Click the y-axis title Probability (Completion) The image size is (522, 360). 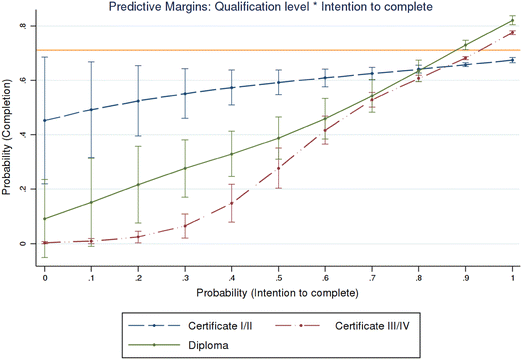pos(7,135)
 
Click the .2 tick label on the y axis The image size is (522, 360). pos(21,189)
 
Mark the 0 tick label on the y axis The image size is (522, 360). pos(22,243)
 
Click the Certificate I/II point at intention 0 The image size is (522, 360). pos(45,121)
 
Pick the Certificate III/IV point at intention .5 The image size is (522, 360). pos(279,168)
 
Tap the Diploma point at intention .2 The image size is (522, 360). pos(138,184)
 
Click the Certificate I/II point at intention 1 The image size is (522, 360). pos(513,60)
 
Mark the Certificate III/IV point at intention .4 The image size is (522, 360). pos(232,203)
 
